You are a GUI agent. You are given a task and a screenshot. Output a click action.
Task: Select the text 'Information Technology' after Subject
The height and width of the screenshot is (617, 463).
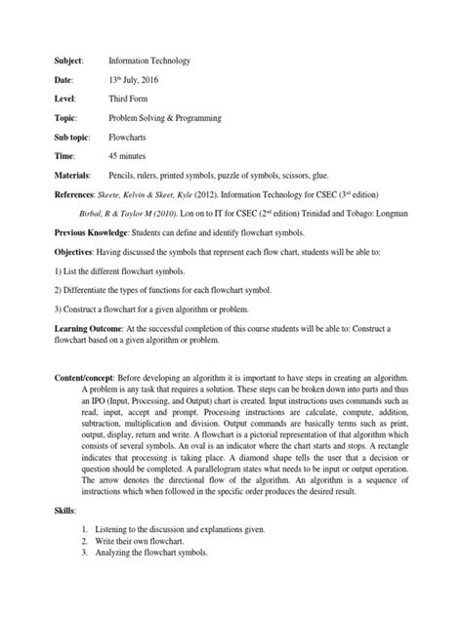click(150, 62)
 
